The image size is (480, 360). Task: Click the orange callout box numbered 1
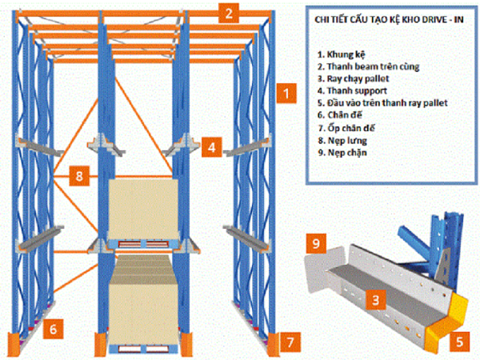click(x=284, y=94)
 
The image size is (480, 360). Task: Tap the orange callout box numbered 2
click(x=229, y=12)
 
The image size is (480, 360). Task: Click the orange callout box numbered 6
click(x=54, y=327)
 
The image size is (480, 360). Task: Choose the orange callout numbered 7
click(x=289, y=343)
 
